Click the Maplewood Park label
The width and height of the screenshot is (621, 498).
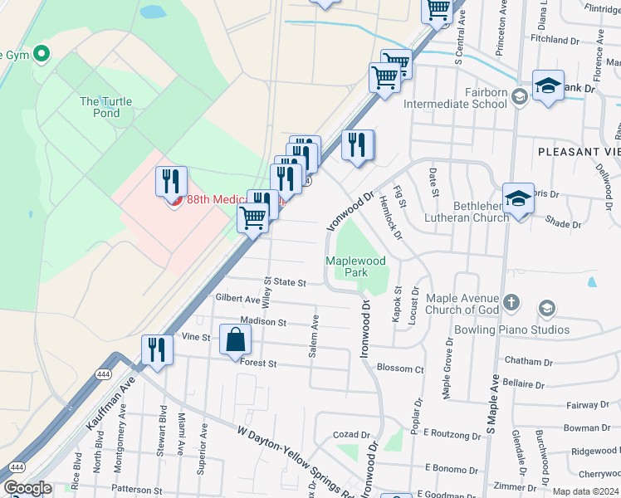click(x=356, y=266)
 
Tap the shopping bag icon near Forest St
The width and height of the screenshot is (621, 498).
click(x=236, y=340)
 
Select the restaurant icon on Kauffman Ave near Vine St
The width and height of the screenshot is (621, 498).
click(x=155, y=349)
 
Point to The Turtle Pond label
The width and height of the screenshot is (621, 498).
click(x=105, y=107)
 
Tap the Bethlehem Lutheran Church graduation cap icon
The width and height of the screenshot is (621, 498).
click(x=519, y=201)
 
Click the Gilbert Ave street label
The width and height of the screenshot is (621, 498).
click(x=237, y=298)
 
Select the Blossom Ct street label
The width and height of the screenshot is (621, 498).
click(x=400, y=369)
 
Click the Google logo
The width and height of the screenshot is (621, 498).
click(x=27, y=488)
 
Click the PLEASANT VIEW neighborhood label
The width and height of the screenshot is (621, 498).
click(x=579, y=152)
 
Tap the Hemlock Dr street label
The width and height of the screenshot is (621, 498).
click(x=390, y=218)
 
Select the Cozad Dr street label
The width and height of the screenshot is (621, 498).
click(x=351, y=434)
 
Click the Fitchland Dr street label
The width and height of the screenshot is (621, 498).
click(x=555, y=39)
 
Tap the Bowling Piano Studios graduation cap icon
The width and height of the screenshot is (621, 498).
click(x=546, y=309)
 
